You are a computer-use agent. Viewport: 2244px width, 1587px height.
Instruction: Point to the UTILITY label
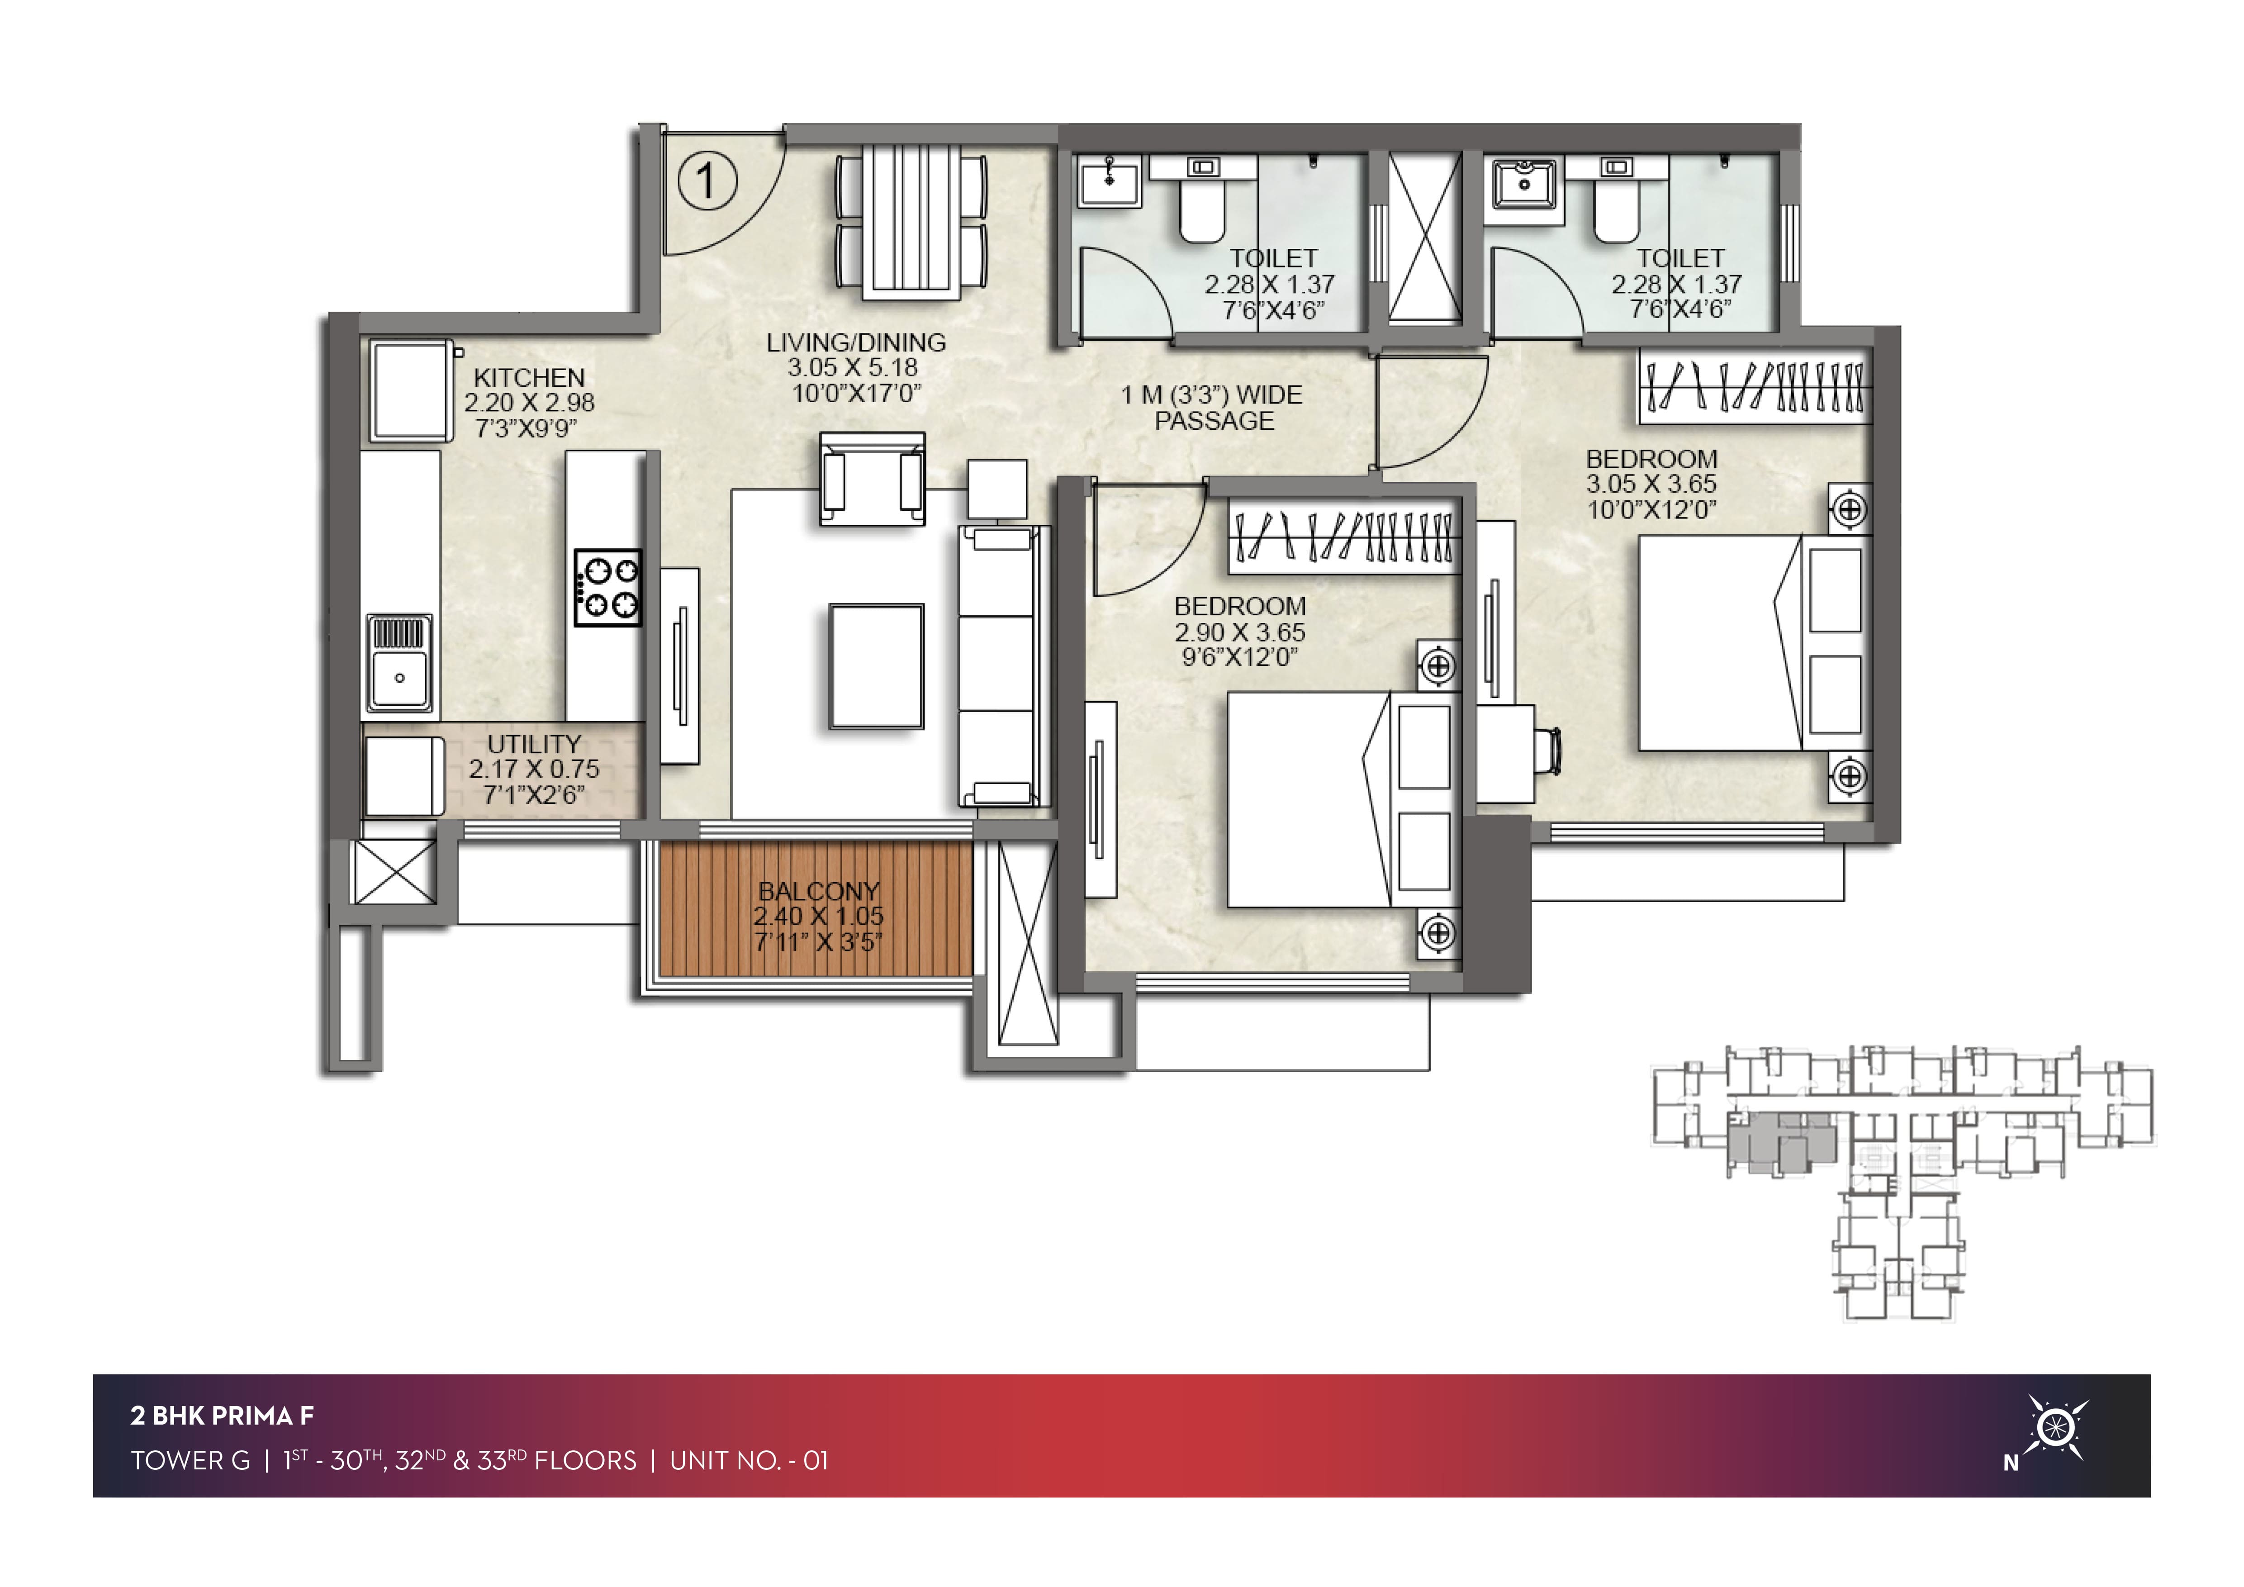point(535,744)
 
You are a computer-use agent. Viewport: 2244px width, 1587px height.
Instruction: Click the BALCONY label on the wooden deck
point(819,891)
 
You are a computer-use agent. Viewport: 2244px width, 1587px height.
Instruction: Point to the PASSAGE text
point(1215,421)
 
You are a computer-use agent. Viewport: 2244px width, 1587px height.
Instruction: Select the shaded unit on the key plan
point(1781,1140)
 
